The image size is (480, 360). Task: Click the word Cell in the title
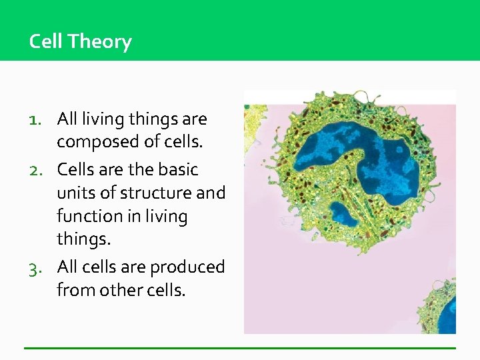(x=46, y=41)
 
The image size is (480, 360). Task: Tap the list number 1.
(x=37, y=120)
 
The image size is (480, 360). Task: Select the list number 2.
(x=37, y=170)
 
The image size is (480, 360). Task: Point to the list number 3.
(x=37, y=267)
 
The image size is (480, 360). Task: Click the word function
(x=87, y=216)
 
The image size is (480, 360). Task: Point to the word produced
(x=187, y=267)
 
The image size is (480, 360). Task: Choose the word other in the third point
(x=116, y=290)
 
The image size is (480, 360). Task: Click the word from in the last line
(x=73, y=290)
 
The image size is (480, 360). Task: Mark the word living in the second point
(x=167, y=216)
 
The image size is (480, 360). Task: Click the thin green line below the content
(x=240, y=348)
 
